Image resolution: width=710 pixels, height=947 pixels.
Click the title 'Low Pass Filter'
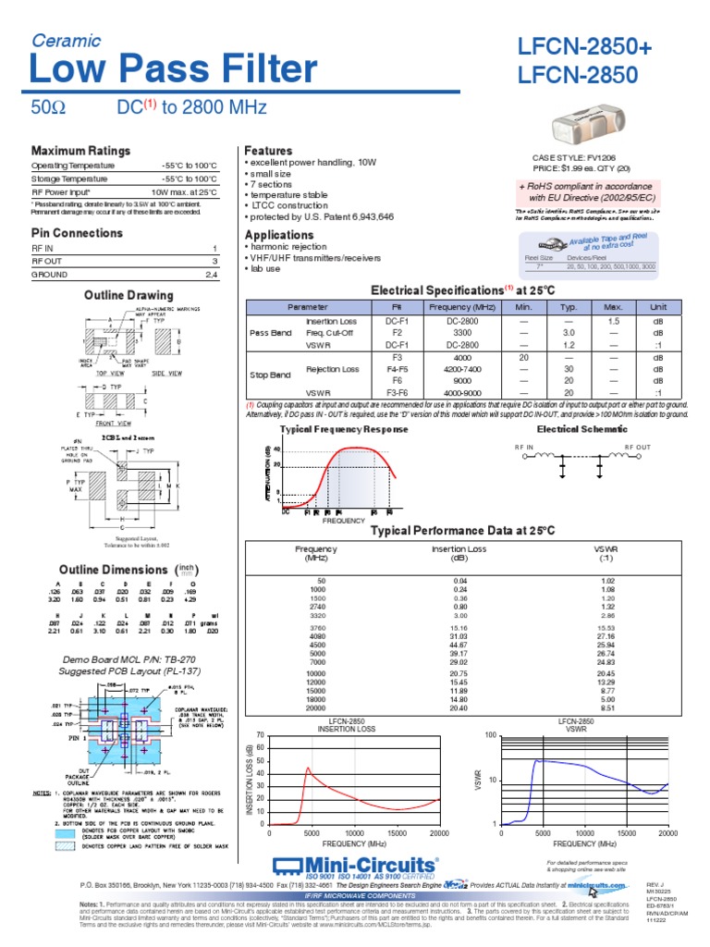pos(174,70)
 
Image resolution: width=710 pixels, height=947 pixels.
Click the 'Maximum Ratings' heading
pos(80,151)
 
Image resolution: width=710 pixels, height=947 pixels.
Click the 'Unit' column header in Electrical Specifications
pos(658,306)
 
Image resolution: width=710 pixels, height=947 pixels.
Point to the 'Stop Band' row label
pos(270,374)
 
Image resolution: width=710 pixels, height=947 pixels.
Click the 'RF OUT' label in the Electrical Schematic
pos(638,447)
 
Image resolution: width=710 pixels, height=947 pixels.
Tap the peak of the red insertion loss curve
pos(309,768)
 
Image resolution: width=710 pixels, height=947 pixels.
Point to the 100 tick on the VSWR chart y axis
pos(491,734)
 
